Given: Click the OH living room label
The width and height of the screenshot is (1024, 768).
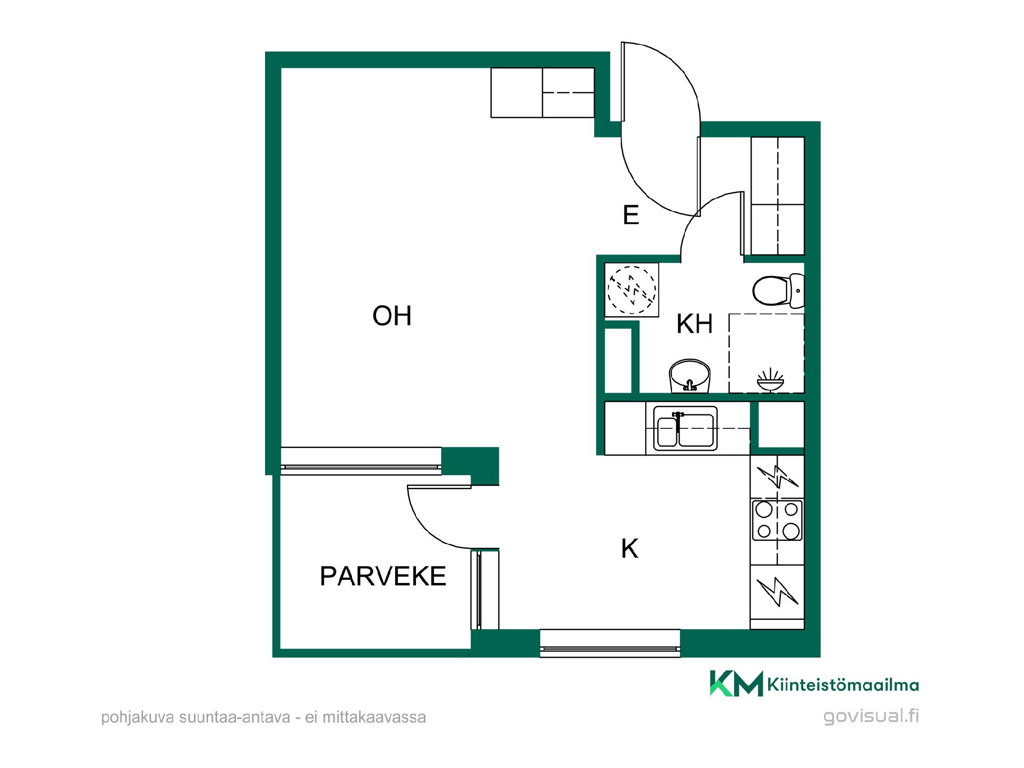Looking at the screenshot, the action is (x=392, y=316).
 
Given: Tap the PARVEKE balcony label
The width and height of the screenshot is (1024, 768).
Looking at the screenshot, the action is (x=383, y=576).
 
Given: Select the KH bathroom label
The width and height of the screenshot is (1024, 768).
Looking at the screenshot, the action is (x=694, y=324).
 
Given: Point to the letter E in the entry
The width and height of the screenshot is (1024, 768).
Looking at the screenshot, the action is (x=631, y=215).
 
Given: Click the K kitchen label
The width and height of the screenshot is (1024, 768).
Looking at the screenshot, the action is (x=630, y=548).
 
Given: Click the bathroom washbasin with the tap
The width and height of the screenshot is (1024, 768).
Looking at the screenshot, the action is (x=691, y=375).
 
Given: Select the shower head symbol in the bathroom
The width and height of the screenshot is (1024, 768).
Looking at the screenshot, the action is (x=770, y=380).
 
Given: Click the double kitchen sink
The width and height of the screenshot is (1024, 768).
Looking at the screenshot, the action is (x=685, y=428).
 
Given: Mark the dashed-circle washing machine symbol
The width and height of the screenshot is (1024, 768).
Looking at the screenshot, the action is (x=632, y=290).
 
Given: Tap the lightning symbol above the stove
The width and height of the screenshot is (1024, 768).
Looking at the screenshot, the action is (x=778, y=476).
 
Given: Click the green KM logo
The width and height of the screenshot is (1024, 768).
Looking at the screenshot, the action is (x=736, y=683).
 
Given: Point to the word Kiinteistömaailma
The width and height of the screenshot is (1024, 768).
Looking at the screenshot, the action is (x=843, y=685).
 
